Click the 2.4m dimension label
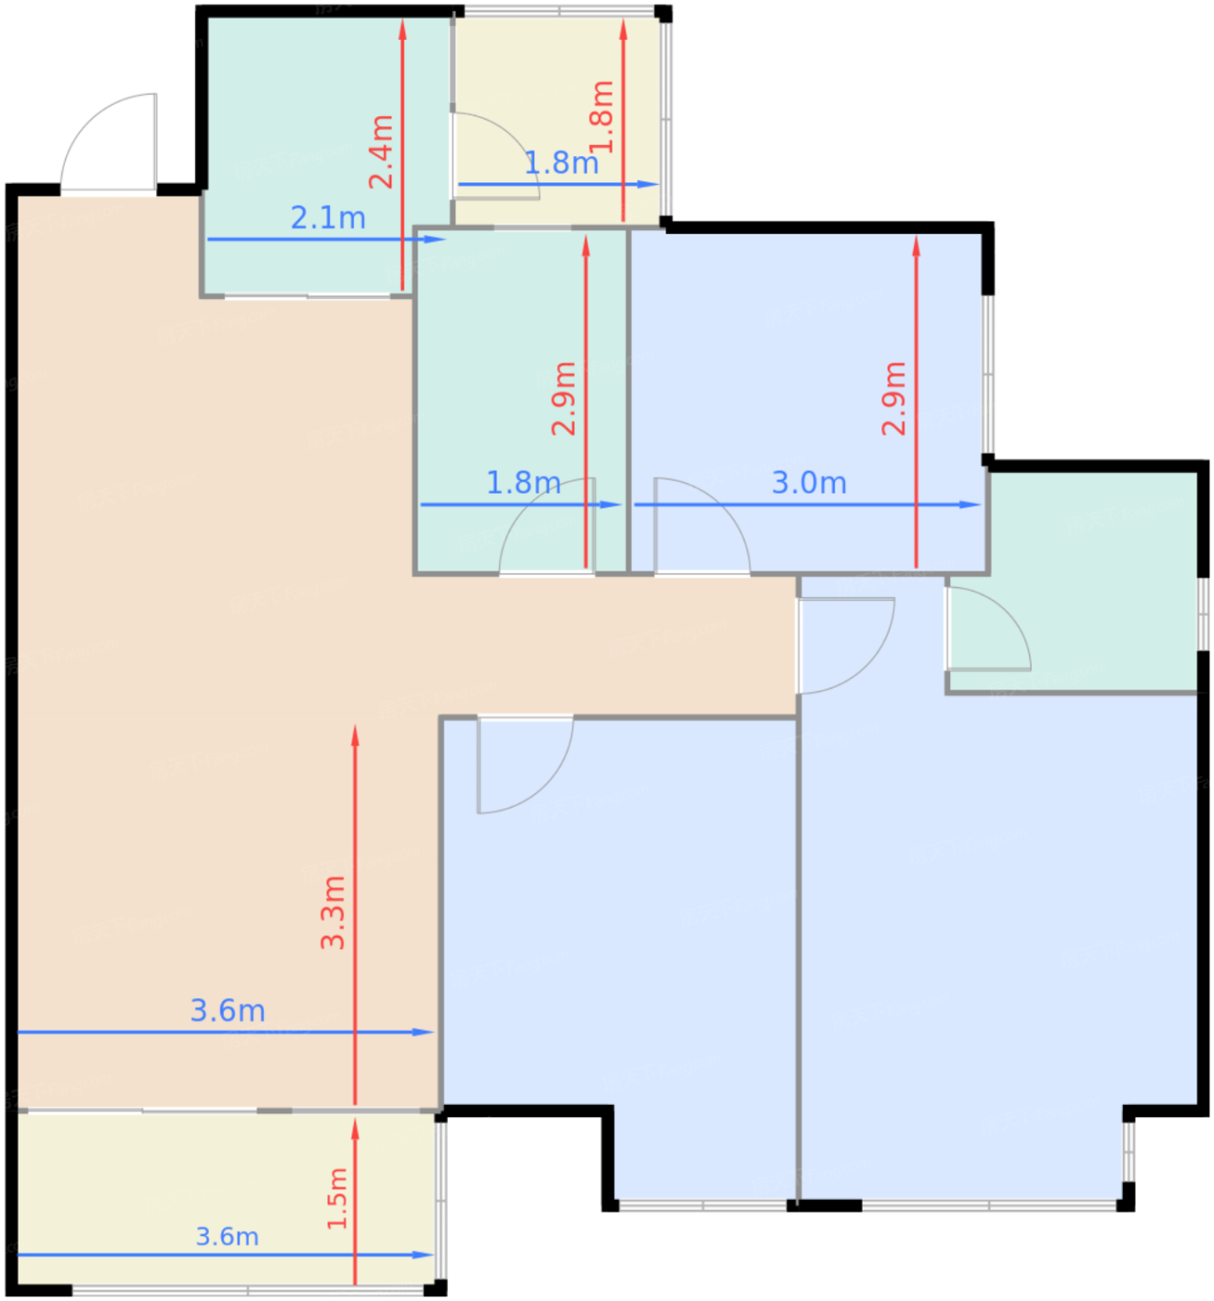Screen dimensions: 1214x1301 (x=381, y=152)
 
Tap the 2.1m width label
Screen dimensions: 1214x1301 (x=328, y=217)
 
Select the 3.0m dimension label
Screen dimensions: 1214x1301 (x=809, y=483)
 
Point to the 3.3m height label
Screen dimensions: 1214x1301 (x=333, y=912)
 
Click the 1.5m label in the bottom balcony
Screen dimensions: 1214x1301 (x=336, y=1198)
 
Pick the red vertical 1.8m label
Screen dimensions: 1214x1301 (x=601, y=117)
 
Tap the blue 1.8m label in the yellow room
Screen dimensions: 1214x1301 (x=561, y=163)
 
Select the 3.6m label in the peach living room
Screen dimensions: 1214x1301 (x=228, y=1010)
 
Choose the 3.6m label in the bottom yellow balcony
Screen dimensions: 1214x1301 (x=228, y=1236)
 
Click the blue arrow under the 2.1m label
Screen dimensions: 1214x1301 (x=326, y=239)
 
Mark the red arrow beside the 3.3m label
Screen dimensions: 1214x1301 (x=355, y=914)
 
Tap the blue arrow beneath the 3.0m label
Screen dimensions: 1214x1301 (x=808, y=505)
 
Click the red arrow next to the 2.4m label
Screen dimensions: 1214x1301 (x=402, y=155)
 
